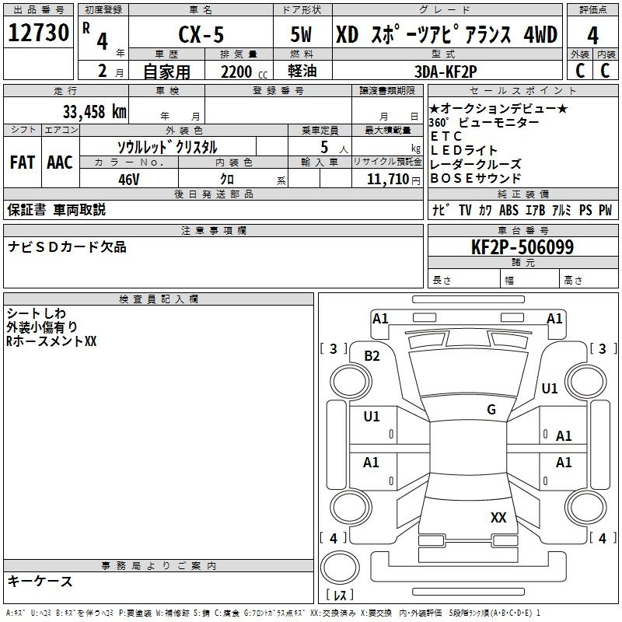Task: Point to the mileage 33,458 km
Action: tap(94, 111)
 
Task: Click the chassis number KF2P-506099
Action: tap(522, 247)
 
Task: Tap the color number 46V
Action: tap(129, 179)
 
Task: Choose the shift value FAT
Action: tap(22, 162)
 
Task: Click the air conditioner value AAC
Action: tap(60, 162)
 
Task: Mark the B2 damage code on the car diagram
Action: tap(372, 356)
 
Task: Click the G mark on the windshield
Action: tap(491, 410)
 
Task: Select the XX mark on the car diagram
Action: tap(498, 517)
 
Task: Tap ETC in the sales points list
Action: tap(446, 136)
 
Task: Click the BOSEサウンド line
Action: tap(476, 178)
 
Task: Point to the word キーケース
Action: tap(40, 581)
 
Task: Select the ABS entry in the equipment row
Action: tap(508, 210)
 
